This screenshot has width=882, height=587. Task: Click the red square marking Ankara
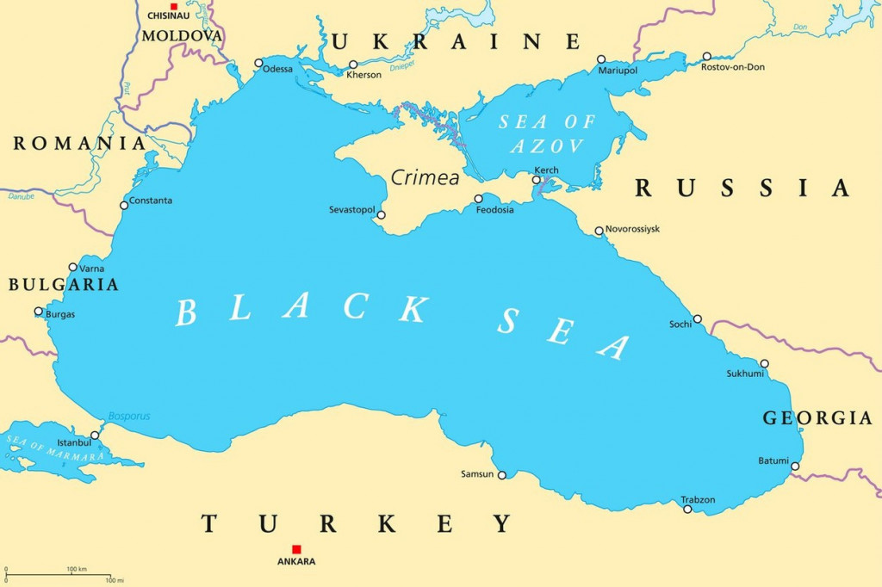[x=296, y=549]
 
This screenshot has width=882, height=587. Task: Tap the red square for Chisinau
[x=173, y=6]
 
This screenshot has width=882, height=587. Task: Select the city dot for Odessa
[x=258, y=63]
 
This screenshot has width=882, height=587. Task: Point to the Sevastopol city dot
[x=382, y=215]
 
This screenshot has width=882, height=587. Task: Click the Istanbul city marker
[x=95, y=436]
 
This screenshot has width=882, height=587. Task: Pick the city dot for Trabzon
[x=687, y=509]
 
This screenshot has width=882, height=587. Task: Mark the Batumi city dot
[x=795, y=467]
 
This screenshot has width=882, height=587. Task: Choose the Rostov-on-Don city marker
[x=706, y=56]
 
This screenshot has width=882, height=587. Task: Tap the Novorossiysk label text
[x=634, y=230]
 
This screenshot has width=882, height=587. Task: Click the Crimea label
[x=425, y=178]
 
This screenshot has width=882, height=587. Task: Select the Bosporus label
[x=129, y=417]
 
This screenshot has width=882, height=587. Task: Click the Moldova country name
[x=182, y=36]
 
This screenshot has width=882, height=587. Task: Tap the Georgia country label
[x=817, y=418]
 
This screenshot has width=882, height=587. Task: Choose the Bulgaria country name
[x=64, y=284]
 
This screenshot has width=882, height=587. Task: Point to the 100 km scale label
[x=77, y=569]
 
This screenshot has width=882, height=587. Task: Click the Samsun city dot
[x=502, y=474]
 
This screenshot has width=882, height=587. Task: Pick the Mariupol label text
[x=618, y=71]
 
